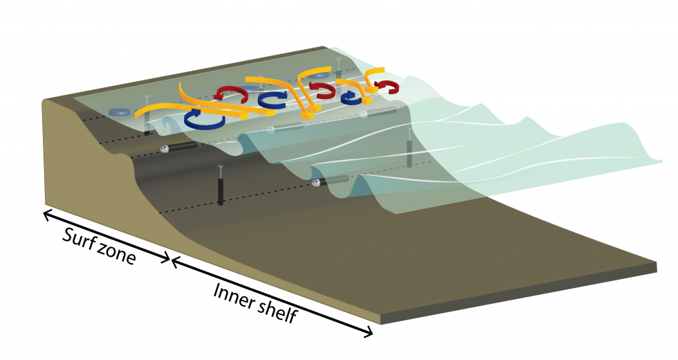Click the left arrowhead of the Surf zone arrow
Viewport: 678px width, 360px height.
47,213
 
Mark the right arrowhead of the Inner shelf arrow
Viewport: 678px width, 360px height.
367,332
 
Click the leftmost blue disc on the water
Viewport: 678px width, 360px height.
119,112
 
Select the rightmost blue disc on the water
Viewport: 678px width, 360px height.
319,75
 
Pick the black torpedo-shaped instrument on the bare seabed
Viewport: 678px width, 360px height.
178,147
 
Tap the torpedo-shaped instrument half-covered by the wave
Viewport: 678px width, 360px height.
331,181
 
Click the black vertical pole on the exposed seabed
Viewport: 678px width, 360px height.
221,191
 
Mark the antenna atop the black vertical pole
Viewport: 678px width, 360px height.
221,171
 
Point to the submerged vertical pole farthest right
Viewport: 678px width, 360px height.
410,154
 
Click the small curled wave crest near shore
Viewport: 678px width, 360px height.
167,123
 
